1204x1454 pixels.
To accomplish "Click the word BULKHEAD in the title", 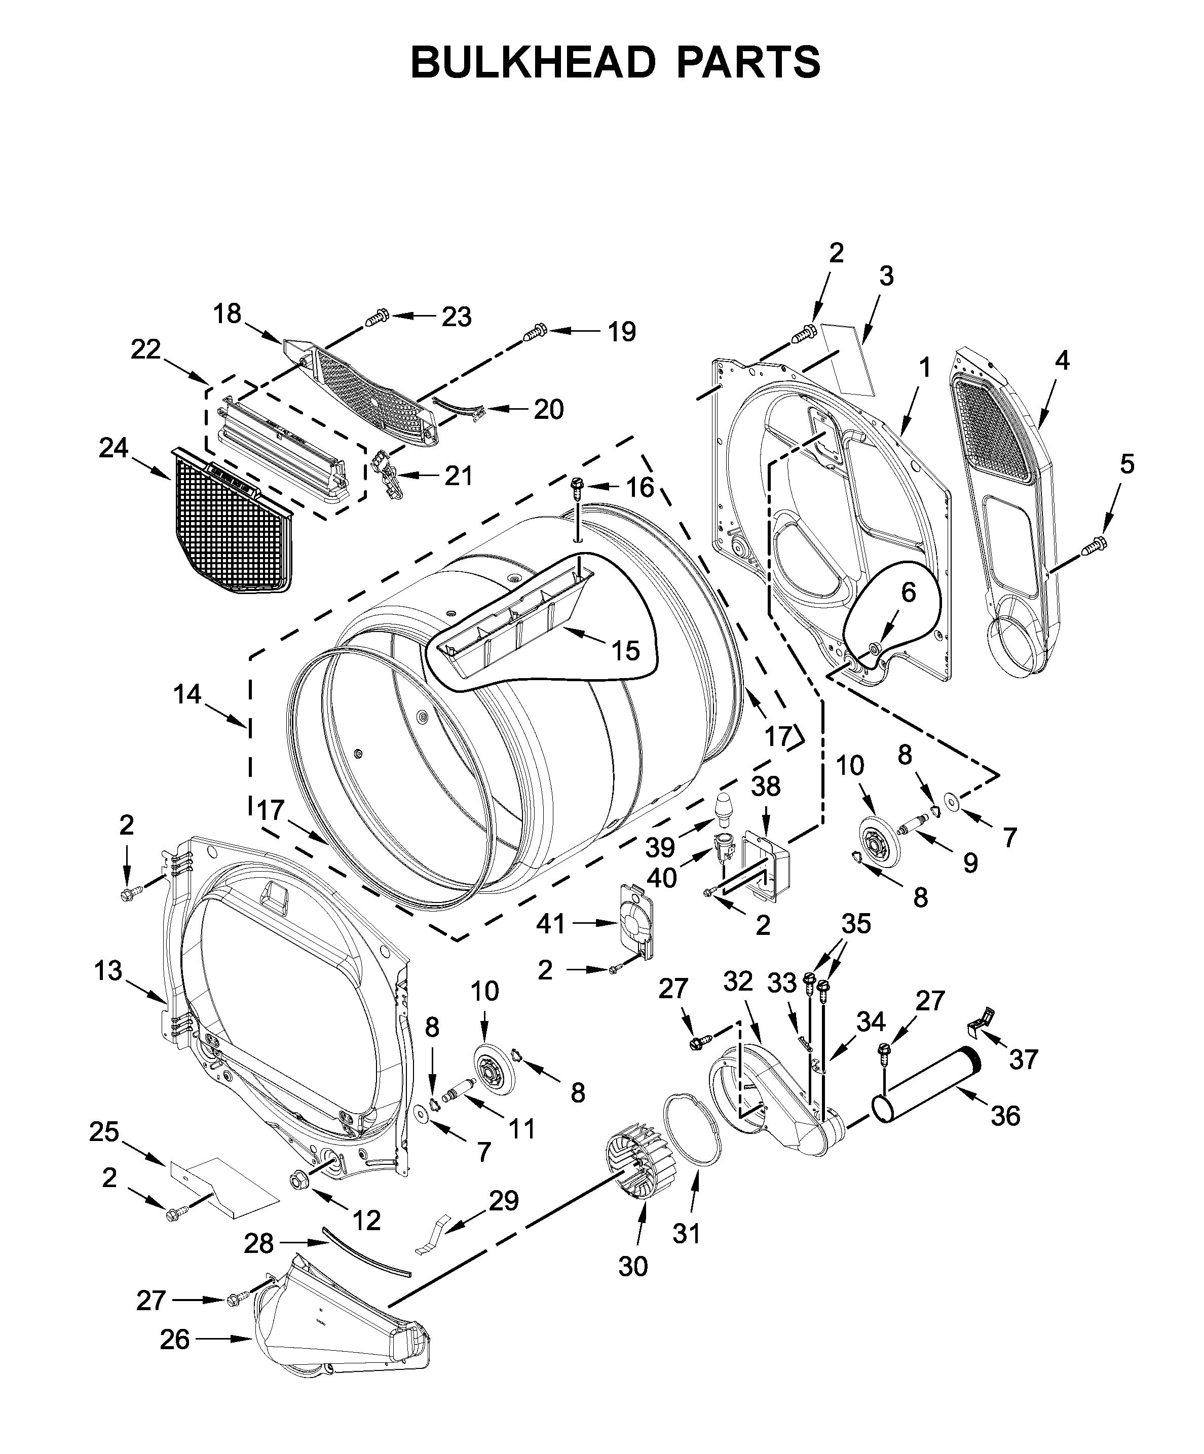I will point(532,63).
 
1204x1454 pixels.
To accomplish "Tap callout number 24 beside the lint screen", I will point(113,448).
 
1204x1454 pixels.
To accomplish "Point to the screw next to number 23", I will point(375,319).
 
